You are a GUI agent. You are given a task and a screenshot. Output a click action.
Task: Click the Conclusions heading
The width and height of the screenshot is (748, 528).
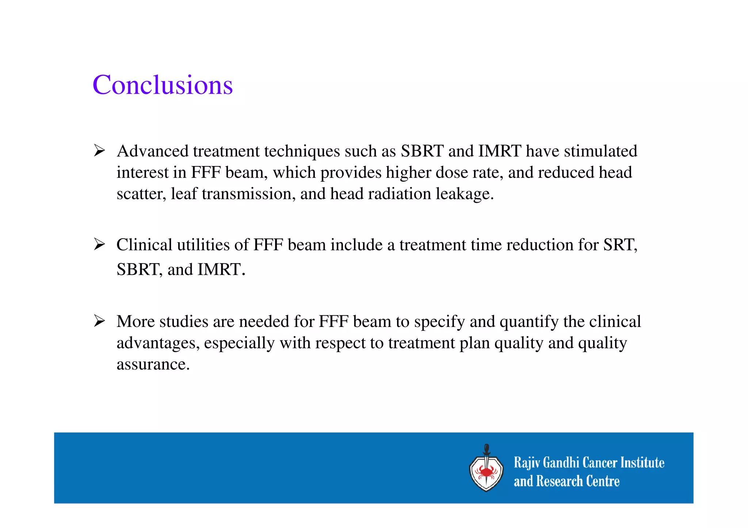click(163, 85)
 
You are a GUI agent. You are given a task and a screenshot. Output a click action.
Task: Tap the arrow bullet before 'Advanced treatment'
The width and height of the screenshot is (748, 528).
click(99, 150)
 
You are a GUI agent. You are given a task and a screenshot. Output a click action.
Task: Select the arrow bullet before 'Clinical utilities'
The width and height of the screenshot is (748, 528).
click(99, 244)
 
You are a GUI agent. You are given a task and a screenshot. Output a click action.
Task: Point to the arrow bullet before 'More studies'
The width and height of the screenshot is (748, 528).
click(99, 321)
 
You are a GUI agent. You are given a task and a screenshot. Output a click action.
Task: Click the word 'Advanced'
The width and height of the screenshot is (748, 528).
click(153, 151)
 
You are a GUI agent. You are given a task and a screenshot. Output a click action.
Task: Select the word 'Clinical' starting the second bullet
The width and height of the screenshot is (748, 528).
click(144, 244)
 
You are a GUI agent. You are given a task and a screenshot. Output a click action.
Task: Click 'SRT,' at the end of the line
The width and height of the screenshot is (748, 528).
click(620, 244)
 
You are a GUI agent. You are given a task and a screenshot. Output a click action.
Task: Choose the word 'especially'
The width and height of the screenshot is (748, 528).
click(239, 343)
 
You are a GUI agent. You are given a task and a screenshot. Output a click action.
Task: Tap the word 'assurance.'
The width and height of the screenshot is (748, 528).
click(153, 364)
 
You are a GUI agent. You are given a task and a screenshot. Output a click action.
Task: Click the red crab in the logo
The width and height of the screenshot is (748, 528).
click(486, 472)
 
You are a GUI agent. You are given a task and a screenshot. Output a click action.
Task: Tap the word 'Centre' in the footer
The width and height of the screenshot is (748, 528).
click(603, 481)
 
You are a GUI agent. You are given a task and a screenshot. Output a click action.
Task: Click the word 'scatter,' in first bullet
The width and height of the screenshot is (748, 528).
click(141, 194)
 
